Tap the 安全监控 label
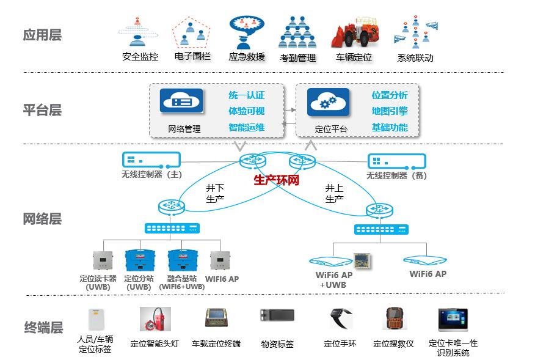(140, 57)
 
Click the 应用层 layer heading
(42, 35)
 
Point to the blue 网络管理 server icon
(181, 101)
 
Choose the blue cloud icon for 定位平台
(328, 101)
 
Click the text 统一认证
(247, 95)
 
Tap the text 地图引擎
(390, 111)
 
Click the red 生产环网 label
(276, 180)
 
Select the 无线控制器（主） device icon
(151, 161)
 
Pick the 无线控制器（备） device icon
(395, 161)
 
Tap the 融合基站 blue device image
(181, 260)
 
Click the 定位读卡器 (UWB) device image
(103, 260)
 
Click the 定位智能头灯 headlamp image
(156, 319)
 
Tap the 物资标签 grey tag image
(277, 316)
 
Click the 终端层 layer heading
(43, 328)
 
